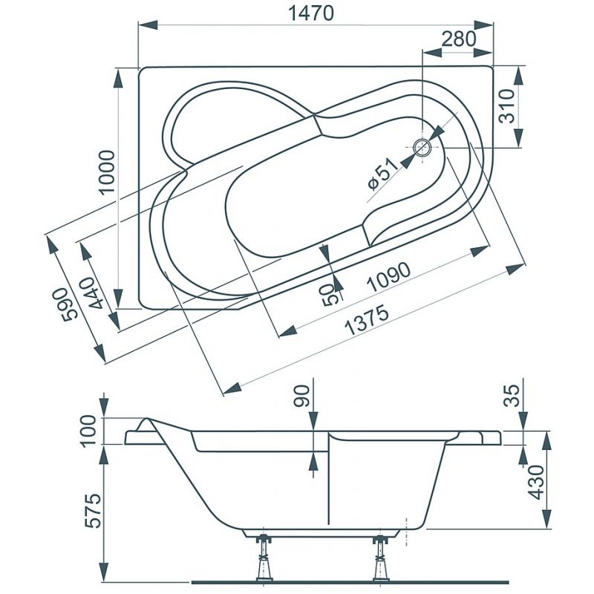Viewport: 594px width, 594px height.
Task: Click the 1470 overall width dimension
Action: pos(311,13)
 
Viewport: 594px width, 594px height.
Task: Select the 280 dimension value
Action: pos(458,39)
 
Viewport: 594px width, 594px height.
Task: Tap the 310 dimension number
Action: pos(507,106)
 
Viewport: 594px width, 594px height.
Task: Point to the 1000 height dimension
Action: pos(107,172)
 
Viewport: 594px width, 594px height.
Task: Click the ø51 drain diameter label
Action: pos(382,174)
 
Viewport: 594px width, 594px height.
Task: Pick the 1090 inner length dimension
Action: pos(389,277)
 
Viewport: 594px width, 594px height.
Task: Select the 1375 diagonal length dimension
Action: pos(367,320)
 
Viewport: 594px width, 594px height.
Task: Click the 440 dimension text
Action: pos(91,293)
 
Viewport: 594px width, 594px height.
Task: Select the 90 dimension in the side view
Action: pos(301,396)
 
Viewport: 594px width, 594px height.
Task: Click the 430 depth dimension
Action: pos(536,482)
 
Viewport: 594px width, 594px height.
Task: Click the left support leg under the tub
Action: pos(264,561)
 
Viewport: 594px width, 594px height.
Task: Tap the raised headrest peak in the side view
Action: pos(146,418)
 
